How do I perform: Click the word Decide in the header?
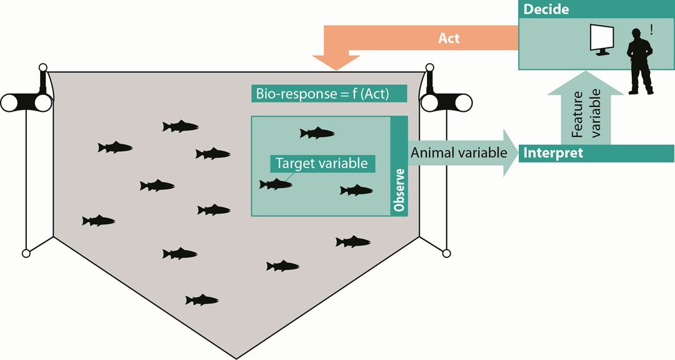pyautogui.click(x=546, y=9)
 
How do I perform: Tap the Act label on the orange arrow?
pyautogui.click(x=449, y=38)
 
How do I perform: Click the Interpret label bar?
pyautogui.click(x=554, y=153)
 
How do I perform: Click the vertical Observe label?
pyautogui.click(x=399, y=189)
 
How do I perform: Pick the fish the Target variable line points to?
pyautogui.click(x=276, y=184)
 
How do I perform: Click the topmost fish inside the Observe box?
pyautogui.click(x=317, y=133)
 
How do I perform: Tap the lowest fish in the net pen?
pyautogui.click(x=202, y=300)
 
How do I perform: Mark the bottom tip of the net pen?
pyautogui.click(x=236, y=357)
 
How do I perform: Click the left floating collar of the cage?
pyautogui.click(x=26, y=102)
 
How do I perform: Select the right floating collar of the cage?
pyautogui.click(x=446, y=101)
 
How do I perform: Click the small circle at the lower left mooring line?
pyautogui.click(x=26, y=252)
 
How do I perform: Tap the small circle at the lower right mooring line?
pyautogui.click(x=446, y=252)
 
